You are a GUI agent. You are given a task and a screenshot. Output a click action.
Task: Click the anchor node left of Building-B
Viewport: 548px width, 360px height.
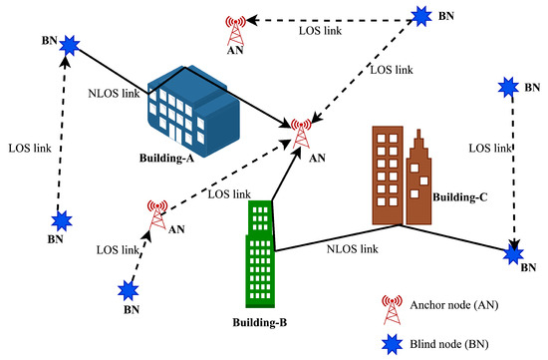coord(156,213)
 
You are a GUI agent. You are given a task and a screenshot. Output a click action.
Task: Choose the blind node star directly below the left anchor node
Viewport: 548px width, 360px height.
coord(128,290)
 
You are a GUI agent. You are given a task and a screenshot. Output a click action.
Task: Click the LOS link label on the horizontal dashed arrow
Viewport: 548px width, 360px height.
coord(325,32)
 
